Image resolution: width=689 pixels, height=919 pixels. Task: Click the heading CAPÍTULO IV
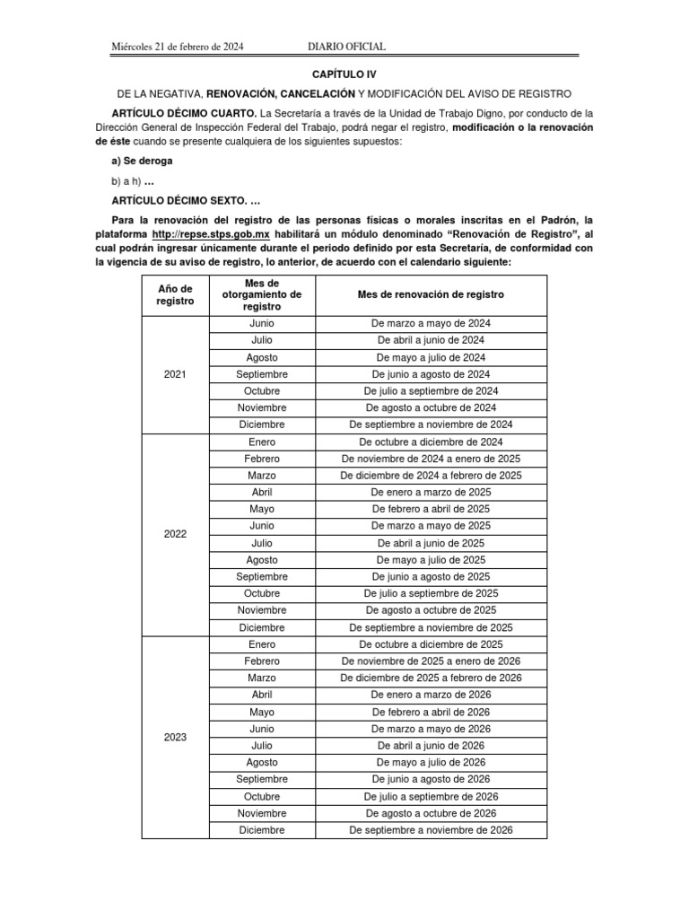click(344, 77)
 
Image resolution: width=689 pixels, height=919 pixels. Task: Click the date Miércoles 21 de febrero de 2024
click(177, 47)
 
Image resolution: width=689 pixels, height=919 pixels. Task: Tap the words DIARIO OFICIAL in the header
click(346, 47)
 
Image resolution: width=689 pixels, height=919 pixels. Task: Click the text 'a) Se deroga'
click(142, 161)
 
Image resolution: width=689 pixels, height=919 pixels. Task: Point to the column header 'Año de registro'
click(175, 294)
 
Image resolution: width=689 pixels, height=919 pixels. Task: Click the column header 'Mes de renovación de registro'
click(431, 294)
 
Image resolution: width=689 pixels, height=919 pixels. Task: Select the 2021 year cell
click(175, 374)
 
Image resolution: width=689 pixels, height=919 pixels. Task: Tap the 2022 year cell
click(175, 534)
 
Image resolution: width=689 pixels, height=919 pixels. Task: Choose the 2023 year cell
click(175, 737)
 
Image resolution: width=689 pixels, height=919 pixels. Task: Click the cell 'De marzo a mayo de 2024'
click(431, 323)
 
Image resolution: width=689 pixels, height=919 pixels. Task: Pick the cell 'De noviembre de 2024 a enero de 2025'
click(431, 459)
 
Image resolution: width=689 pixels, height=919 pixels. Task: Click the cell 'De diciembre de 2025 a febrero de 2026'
click(431, 678)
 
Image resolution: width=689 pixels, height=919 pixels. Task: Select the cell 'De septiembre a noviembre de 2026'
click(431, 830)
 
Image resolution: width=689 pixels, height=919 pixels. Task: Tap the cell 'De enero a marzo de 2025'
click(431, 493)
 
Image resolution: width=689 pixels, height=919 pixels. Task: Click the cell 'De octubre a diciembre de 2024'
click(431, 442)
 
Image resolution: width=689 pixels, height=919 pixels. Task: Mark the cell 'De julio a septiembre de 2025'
click(431, 593)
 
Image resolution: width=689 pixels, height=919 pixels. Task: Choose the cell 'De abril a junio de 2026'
click(431, 745)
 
